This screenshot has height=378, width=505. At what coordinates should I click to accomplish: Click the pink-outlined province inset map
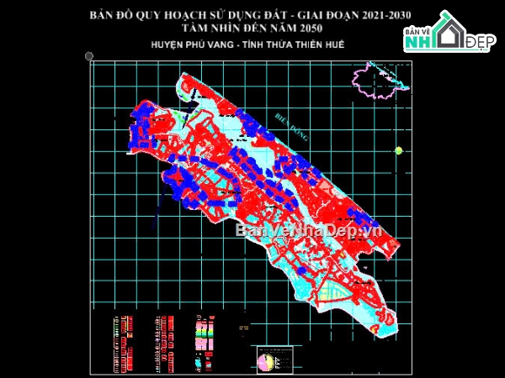click(x=377, y=77)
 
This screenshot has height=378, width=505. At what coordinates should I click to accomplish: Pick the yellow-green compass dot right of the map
click(x=398, y=150)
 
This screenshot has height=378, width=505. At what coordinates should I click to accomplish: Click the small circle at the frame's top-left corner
click(x=89, y=56)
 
